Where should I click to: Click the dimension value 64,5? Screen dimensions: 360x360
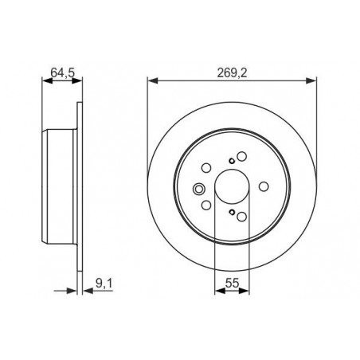click(x=63, y=72)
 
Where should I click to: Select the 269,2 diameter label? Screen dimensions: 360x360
click(x=232, y=72)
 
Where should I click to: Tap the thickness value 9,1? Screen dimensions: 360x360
click(x=104, y=284)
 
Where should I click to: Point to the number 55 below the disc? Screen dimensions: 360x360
click(x=232, y=284)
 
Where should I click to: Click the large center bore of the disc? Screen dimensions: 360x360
click(x=232, y=186)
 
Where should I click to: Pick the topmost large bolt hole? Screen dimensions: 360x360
click(x=241, y=156)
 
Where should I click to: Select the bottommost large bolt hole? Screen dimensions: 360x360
click(x=241, y=217)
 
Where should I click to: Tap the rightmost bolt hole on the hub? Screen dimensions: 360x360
click(x=264, y=186)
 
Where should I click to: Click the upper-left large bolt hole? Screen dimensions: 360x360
click(x=206, y=168)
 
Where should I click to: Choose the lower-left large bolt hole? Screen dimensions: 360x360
click(x=206, y=205)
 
